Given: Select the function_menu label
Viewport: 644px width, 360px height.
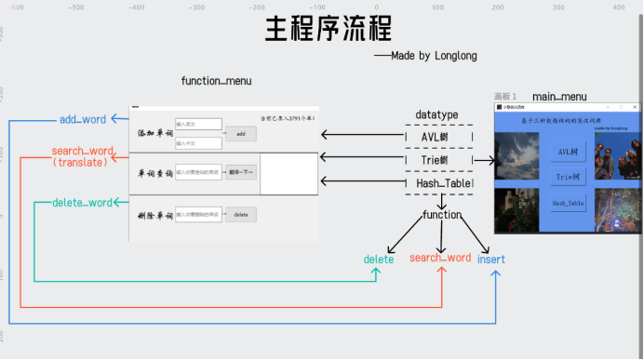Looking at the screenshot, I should tap(216, 82).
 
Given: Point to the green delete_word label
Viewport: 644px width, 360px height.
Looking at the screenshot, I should tap(82, 202).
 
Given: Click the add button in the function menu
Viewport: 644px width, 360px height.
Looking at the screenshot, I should tap(240, 134).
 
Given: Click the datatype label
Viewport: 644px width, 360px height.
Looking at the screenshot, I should tap(436, 114).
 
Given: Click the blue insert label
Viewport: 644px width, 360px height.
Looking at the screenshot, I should tap(491, 260).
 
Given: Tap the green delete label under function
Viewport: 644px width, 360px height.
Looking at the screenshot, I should tap(378, 260).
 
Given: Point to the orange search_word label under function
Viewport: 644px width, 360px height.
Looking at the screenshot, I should tap(439, 258).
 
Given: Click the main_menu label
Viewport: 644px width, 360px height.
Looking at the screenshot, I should tap(559, 97).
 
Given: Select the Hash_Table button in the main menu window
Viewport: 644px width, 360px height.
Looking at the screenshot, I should tap(568, 202).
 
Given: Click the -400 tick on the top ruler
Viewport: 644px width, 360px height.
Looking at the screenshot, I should tap(136, 7).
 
